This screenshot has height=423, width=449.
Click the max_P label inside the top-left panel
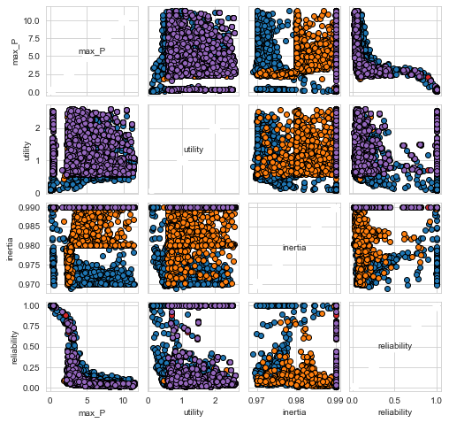coord(92,51)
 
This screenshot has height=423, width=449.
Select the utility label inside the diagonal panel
coord(194,150)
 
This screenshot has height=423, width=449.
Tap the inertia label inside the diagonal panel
coord(294,248)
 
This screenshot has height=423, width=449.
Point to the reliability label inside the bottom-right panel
coord(395,346)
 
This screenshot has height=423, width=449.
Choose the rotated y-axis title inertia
coord(10,250)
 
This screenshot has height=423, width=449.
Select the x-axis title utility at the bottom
coord(194,412)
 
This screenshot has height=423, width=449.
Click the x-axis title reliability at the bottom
coord(395,412)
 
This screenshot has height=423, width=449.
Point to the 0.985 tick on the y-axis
coord(30,227)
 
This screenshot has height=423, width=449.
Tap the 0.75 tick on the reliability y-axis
coord(33,326)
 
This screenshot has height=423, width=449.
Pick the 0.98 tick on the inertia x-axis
coord(296,401)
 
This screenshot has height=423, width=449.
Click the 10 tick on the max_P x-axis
coord(124,401)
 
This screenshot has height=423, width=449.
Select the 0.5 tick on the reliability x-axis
coord(394,401)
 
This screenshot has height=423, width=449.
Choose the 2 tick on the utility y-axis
coord(38,128)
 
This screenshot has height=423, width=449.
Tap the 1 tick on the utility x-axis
coord(182,401)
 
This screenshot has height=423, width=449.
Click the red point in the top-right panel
coord(428,77)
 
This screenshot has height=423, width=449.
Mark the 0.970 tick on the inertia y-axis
coord(30,285)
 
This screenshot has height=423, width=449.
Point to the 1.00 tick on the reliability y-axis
coord(33,305)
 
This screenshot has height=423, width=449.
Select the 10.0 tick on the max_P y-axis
coord(33,20)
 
